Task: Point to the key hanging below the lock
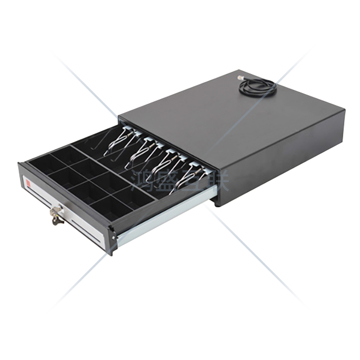tap(55, 221)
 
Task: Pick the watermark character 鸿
tap(141, 181)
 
